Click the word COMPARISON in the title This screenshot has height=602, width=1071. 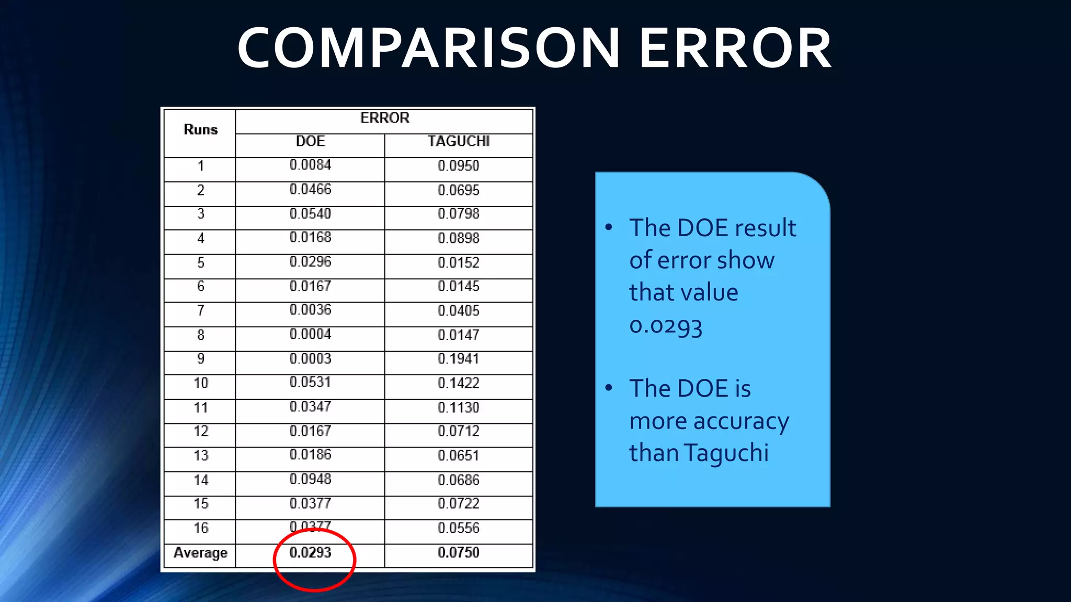point(429,49)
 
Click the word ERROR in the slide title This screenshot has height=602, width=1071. point(735,49)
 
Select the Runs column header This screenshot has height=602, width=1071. point(200,130)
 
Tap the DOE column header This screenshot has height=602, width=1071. point(310,142)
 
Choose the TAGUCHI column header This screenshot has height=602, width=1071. point(459,142)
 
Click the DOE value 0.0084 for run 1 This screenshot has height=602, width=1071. point(310,165)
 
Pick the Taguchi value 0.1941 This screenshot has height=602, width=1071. point(459,359)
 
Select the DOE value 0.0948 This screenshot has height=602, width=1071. point(310,479)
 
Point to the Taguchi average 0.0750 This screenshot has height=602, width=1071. point(459,552)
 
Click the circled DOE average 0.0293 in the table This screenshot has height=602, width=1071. point(310,552)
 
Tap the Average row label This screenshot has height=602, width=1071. point(200,552)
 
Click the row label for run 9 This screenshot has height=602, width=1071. point(200,359)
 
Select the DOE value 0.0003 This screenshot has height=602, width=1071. point(310,359)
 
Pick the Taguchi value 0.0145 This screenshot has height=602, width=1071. point(459,286)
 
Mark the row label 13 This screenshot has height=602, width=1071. point(200,456)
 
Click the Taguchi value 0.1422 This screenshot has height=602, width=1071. point(459,383)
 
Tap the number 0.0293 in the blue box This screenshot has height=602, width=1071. point(665,326)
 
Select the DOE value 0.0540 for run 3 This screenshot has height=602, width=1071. point(310,214)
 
